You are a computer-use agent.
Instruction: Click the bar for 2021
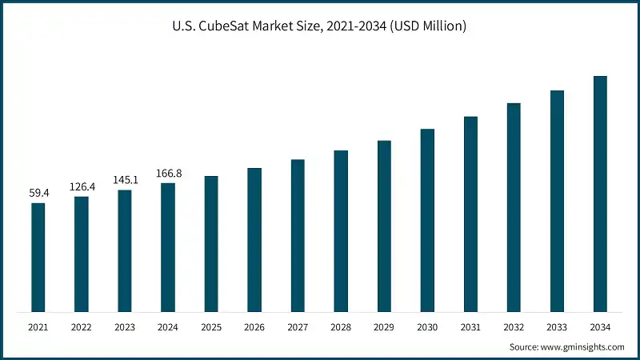click(38, 257)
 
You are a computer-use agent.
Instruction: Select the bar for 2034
click(600, 194)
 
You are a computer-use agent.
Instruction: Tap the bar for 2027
click(298, 235)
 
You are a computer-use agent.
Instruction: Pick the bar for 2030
click(427, 220)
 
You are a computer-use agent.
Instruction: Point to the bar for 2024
click(168, 247)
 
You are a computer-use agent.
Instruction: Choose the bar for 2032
click(514, 207)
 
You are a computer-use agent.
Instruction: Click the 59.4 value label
click(38, 193)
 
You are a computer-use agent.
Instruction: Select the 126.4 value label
click(82, 186)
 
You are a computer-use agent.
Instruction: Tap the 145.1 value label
click(125, 180)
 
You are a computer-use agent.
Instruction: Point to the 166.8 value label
click(168, 173)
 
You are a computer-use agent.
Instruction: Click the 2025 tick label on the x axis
click(211, 327)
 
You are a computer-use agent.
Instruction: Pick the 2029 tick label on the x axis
click(384, 327)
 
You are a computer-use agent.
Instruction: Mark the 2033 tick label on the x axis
click(557, 327)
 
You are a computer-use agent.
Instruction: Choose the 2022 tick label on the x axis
click(82, 327)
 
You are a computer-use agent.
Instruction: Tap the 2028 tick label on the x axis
click(341, 327)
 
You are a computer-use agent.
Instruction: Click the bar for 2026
click(254, 240)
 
